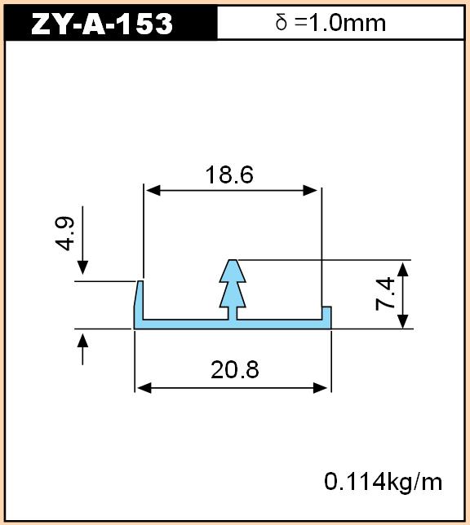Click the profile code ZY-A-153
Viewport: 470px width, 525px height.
click(x=102, y=24)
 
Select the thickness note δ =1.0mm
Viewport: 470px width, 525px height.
click(x=330, y=23)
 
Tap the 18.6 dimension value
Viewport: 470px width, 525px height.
click(x=229, y=174)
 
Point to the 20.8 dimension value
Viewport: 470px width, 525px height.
click(x=235, y=369)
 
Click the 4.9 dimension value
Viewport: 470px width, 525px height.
click(x=64, y=234)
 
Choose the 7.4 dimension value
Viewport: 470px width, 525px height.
click(x=384, y=293)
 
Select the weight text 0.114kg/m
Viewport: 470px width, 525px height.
click(x=384, y=482)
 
